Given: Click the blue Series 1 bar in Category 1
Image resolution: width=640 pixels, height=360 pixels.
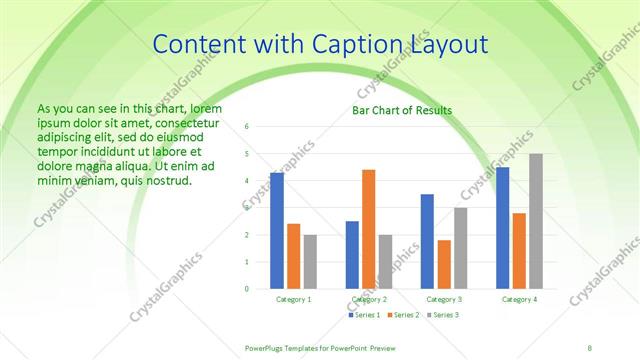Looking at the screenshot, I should click(x=277, y=231).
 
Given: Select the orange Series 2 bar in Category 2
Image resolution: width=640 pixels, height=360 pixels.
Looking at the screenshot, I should click(x=369, y=229).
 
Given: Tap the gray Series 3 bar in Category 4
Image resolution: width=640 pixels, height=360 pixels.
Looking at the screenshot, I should click(x=536, y=221).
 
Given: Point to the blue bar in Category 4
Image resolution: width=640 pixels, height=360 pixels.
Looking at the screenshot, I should click(x=502, y=228).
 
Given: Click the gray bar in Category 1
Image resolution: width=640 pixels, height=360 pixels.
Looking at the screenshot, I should click(x=310, y=262).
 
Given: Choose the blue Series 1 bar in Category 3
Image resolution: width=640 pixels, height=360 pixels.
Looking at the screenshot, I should click(x=427, y=241).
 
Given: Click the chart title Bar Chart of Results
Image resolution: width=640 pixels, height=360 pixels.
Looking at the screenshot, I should click(x=402, y=110).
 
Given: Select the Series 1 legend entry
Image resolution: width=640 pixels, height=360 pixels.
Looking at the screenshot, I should click(x=365, y=315).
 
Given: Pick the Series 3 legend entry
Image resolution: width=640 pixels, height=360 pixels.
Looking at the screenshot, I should click(x=443, y=315).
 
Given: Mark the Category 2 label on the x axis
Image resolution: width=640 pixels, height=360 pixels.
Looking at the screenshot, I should click(x=369, y=299).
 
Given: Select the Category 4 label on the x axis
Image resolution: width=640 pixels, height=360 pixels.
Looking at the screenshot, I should click(x=519, y=299).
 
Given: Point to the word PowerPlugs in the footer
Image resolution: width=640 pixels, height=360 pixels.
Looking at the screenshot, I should click(x=269, y=347).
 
